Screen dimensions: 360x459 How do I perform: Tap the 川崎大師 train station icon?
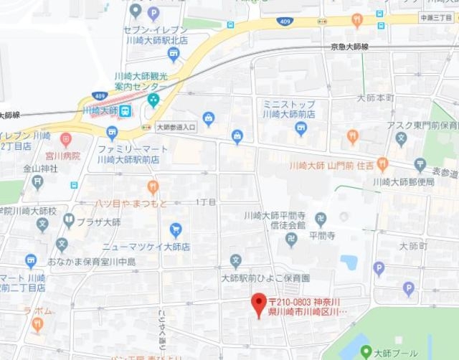click(125, 110)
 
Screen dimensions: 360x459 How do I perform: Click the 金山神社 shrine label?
click(38, 169)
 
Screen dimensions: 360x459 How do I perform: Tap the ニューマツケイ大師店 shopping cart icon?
click(176, 229)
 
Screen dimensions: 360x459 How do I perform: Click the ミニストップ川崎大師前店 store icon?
click(301, 128)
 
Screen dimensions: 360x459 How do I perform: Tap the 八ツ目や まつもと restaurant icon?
click(153, 187)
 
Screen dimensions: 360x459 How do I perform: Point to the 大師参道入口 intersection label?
click(175, 127)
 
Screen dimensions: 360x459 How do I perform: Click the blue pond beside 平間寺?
click(349, 262)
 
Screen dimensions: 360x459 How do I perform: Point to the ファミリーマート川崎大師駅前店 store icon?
click(112, 132)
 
